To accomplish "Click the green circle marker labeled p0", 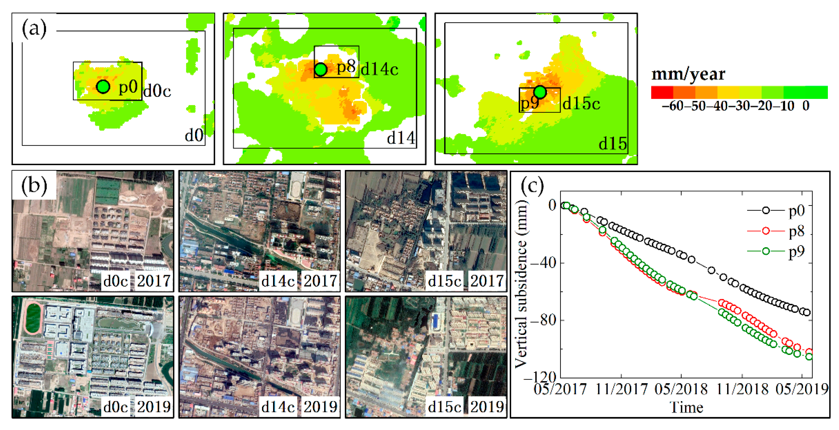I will pos(103,87).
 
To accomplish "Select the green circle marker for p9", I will pos(540,92).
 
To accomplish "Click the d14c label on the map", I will pos(379,69).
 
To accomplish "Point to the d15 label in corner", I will pos(612,144).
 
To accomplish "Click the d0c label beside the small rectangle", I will pos(157,91).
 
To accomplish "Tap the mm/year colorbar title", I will pos(688,74).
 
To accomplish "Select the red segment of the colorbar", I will pos(662,92).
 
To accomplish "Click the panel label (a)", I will pos(34,29).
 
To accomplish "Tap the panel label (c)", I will pos(532,186).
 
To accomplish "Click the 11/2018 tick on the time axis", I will pos(742,389).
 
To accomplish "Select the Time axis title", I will pos(686,407).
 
